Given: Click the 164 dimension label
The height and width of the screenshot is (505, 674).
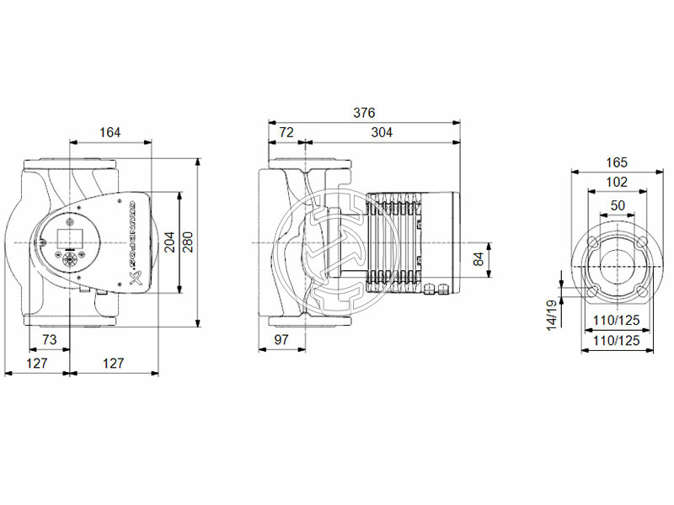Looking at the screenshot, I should [110, 131].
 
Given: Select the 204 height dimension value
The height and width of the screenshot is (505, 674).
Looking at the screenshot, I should [168, 242].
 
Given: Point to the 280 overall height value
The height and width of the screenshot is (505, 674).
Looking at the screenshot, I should [187, 242].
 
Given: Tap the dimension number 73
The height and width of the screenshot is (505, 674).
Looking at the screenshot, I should [50, 338].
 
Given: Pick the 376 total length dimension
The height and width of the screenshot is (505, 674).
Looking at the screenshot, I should [364, 113].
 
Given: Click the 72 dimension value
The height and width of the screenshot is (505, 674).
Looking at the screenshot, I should [286, 132].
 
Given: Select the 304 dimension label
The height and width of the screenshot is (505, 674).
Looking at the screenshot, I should [382, 132].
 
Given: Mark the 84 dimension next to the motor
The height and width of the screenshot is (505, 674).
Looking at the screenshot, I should [479, 259].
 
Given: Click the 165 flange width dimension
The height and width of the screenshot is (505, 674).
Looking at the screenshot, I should [617, 162].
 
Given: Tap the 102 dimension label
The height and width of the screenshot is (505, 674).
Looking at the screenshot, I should [617, 183].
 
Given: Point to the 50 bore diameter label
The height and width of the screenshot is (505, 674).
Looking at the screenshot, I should [617, 205].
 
